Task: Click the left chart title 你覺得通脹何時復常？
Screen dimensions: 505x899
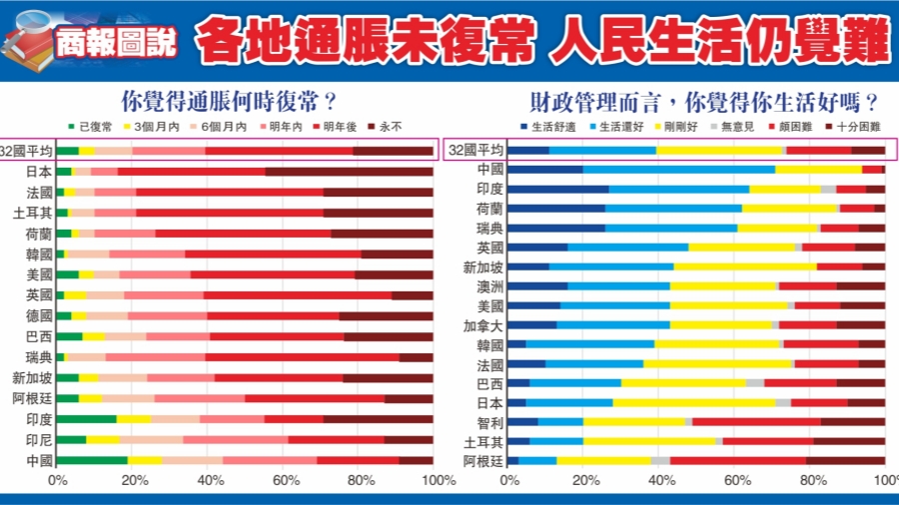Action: [227, 101]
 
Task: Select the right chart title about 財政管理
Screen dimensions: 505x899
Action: [705, 101]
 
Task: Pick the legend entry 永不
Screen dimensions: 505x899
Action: [385, 128]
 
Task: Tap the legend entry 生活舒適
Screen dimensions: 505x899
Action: [547, 128]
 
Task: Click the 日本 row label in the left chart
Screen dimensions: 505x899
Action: [40, 172]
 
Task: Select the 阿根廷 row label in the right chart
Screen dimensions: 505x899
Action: [483, 460]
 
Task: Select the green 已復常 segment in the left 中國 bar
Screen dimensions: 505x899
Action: [92, 460]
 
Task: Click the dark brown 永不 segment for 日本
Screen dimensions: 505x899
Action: [349, 172]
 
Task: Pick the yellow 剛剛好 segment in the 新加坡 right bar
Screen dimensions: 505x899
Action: [744, 266]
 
